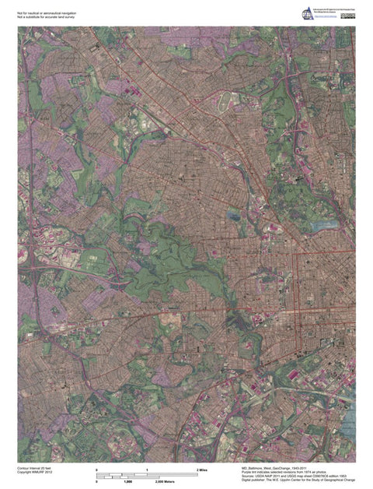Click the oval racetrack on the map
225,100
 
